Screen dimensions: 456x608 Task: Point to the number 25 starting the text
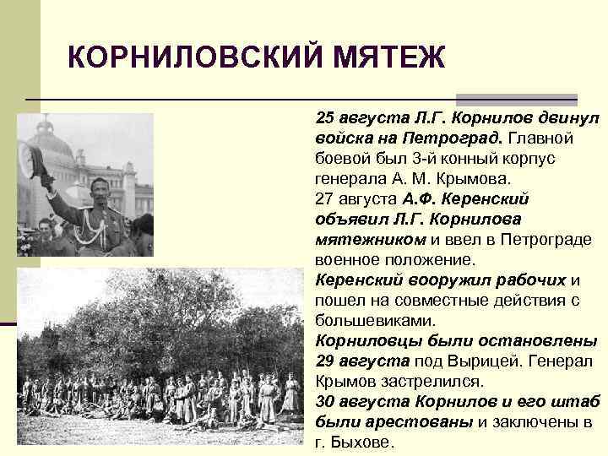[325, 117]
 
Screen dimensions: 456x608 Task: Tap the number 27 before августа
[325, 198]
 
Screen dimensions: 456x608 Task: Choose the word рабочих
[527, 280]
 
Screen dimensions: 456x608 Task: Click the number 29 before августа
[326, 361]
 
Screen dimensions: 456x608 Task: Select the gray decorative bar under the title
[516, 99]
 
